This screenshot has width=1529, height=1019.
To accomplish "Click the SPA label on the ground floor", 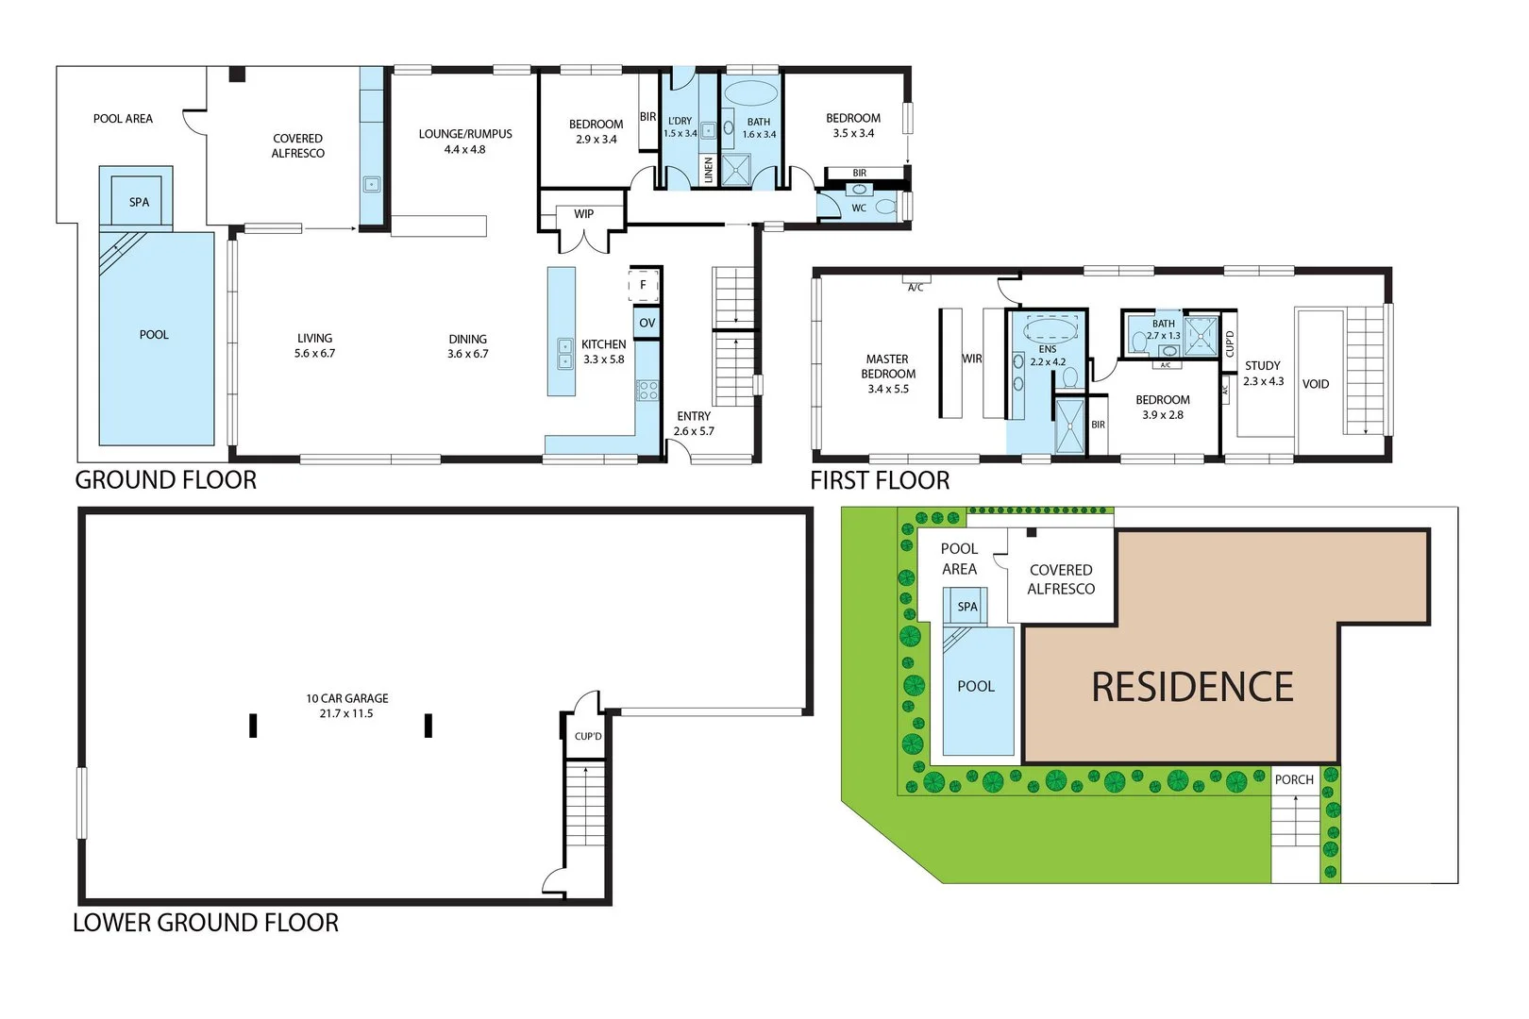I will tap(139, 202).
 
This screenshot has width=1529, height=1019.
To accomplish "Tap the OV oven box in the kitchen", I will tap(647, 323).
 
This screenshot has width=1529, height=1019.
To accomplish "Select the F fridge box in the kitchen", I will tap(644, 284).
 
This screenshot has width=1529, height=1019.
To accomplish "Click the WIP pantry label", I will tap(583, 214).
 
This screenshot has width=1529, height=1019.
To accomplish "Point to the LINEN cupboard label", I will tap(709, 170).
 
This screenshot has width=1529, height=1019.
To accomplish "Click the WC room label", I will tap(859, 209).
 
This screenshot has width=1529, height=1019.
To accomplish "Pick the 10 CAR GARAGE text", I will tap(346, 699).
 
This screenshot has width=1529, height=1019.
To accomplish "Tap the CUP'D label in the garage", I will tap(588, 736).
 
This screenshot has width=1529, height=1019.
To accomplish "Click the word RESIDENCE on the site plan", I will tap(1192, 687).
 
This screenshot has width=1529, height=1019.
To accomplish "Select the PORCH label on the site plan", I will tap(1294, 779).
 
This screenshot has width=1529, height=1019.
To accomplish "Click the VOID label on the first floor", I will tap(1316, 384).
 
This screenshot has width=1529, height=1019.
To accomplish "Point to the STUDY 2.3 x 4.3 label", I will tap(1263, 373).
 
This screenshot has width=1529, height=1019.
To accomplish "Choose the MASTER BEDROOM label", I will tap(887, 367).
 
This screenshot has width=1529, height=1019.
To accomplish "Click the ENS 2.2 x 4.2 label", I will tap(1048, 356).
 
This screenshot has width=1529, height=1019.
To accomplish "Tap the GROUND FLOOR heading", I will tap(166, 480).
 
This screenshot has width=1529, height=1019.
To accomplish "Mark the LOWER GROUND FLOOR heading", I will tap(206, 923).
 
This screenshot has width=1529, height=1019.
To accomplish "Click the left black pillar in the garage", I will tap(253, 725).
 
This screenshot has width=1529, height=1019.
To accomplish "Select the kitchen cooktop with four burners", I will tap(647, 389).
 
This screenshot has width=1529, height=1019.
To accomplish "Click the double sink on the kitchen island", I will tap(565, 354).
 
